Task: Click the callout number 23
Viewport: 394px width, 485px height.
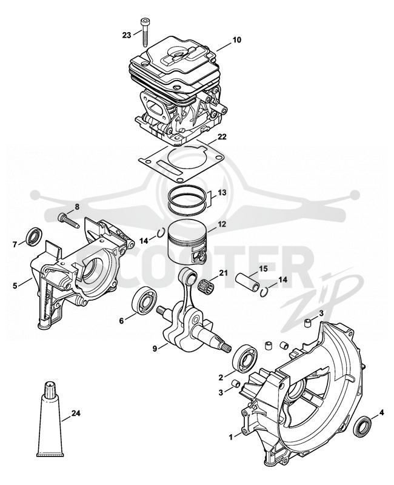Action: [127, 35]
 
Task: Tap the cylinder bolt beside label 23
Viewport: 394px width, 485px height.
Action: [145, 32]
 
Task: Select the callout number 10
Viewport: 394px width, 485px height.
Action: [237, 40]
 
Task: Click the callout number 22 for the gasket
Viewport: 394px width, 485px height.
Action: [222, 137]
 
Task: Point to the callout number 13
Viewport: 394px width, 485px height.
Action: [222, 192]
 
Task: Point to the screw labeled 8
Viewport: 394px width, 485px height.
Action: [68, 221]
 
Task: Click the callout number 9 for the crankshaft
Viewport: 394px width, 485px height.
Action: [155, 348]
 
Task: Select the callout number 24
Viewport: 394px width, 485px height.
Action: [76, 413]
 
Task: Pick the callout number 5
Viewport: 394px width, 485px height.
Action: [15, 285]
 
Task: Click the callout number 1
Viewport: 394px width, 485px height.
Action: [230, 437]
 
